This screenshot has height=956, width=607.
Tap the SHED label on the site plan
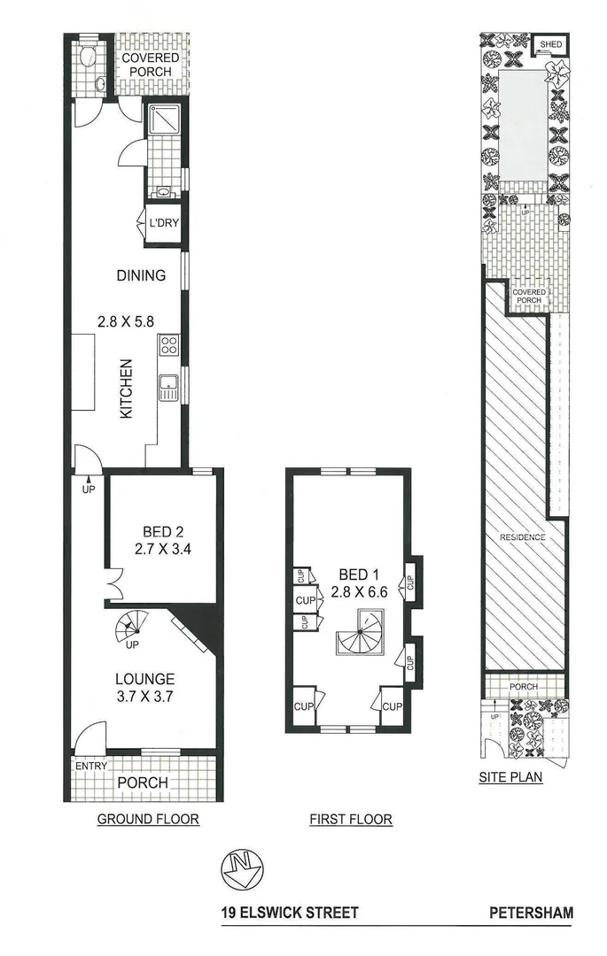click(551, 44)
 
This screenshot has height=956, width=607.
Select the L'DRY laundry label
click(164, 223)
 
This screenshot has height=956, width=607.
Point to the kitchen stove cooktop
click(167, 345)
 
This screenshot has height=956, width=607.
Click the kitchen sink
click(167, 388)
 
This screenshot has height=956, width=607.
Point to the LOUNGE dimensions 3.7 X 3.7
click(144, 696)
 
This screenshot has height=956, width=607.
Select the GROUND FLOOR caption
click(147, 820)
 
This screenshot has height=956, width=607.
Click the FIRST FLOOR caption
click(350, 820)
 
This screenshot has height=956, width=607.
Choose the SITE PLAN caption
click(510, 779)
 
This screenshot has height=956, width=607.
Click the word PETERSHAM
click(531, 913)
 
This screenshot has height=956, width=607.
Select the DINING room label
click(141, 275)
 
